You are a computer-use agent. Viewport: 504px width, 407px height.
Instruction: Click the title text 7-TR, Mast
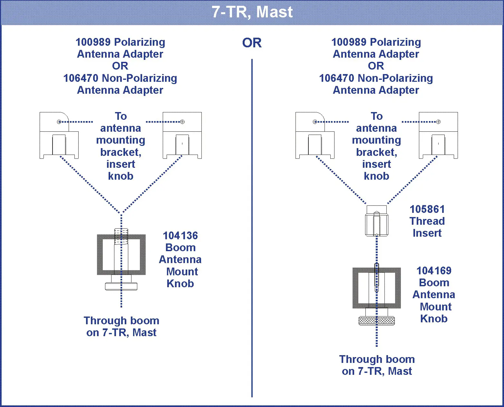[252, 12]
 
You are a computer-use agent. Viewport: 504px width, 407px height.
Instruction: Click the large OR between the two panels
[252, 43]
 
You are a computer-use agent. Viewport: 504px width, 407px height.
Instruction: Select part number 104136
[180, 236]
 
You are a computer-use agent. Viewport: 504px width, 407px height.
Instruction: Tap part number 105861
[427, 209]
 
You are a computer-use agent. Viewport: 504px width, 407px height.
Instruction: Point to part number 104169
[434, 271]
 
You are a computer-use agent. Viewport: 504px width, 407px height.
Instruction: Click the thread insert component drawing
[376, 221]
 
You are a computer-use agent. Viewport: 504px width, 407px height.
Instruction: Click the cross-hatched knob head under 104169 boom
[376, 321]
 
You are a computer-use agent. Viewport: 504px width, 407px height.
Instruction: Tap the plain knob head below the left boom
[121, 286]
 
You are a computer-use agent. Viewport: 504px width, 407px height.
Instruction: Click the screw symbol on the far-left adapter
[59, 122]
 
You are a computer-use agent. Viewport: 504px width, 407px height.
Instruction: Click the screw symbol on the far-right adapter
[438, 122]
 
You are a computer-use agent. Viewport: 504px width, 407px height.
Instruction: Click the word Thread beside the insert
[427, 221]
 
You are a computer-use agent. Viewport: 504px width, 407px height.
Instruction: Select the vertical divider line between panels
[252, 225]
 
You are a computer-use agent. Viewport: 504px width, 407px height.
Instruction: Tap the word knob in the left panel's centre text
[121, 176]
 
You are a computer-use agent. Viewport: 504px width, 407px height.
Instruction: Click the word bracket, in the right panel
[376, 152]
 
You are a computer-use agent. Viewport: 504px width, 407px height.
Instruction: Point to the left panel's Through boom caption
[121, 321]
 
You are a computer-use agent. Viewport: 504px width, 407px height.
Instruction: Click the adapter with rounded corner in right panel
[315, 135]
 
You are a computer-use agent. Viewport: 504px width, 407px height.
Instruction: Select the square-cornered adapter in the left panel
[182, 135]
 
